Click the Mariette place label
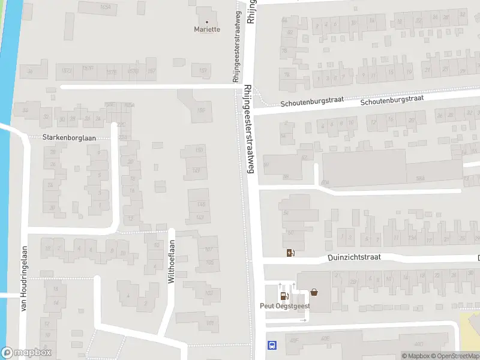point(207,29)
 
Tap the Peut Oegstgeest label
point(285,305)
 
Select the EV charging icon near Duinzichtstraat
point(291,253)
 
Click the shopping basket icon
point(314,293)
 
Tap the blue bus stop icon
point(272,345)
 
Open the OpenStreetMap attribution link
point(455,356)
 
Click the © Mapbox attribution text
point(416,356)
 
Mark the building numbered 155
point(201,110)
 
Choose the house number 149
point(196,171)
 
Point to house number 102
point(209,293)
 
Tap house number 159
point(203,71)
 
